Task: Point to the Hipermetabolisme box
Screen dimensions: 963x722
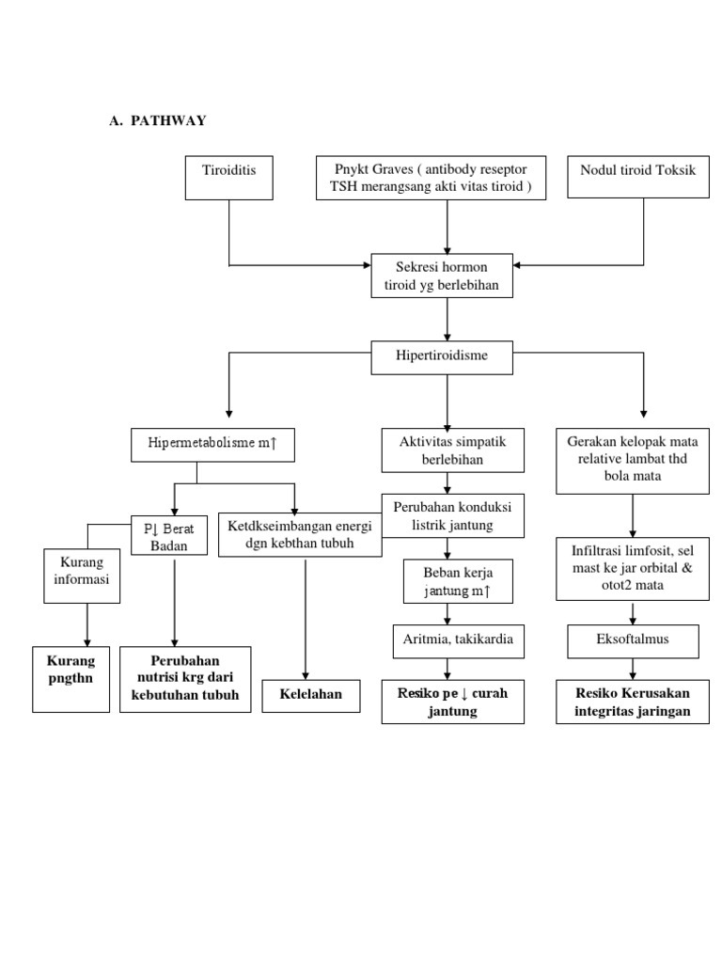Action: pos(212,444)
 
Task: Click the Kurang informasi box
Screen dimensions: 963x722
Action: pos(87,571)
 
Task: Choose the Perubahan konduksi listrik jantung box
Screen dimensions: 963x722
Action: pos(452,516)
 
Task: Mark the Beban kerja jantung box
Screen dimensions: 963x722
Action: pos(447,581)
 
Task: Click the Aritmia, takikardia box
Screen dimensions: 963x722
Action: pos(452,642)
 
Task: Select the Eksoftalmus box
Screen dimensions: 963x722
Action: pos(633,642)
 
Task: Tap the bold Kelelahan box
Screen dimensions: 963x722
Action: pos(310,695)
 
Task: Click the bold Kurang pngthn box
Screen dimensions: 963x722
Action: pos(71,679)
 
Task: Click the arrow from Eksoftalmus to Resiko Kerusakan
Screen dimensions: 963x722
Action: pos(633,669)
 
